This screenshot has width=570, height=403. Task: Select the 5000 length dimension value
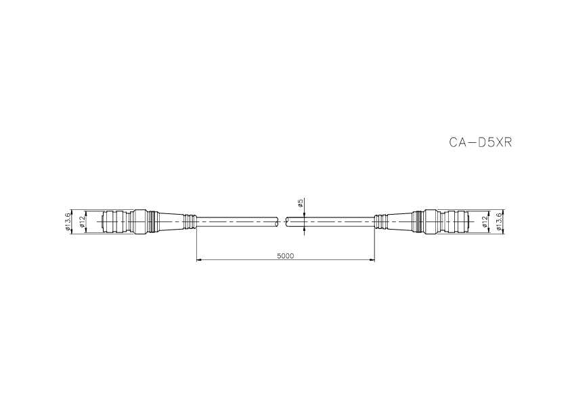[x=285, y=255]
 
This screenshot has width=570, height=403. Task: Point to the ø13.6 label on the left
[x=68, y=221]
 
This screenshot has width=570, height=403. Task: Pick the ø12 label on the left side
[x=83, y=221]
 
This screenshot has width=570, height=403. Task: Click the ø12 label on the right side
[x=485, y=221]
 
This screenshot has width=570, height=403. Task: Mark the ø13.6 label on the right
[x=500, y=221]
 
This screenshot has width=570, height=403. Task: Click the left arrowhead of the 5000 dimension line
[x=198, y=259]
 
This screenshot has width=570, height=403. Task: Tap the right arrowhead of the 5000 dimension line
[x=372, y=259]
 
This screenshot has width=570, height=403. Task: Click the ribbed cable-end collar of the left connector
[x=191, y=221]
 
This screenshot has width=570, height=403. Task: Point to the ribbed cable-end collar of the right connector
[x=379, y=221]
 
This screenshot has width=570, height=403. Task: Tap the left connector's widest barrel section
[x=141, y=221]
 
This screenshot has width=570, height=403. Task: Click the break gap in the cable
[x=283, y=221]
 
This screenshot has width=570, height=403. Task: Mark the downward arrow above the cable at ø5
[x=305, y=214]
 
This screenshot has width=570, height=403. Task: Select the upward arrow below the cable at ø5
[x=305, y=229]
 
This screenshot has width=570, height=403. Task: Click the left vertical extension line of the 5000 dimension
[x=196, y=244]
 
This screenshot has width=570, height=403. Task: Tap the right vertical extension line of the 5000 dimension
[x=374, y=244]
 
